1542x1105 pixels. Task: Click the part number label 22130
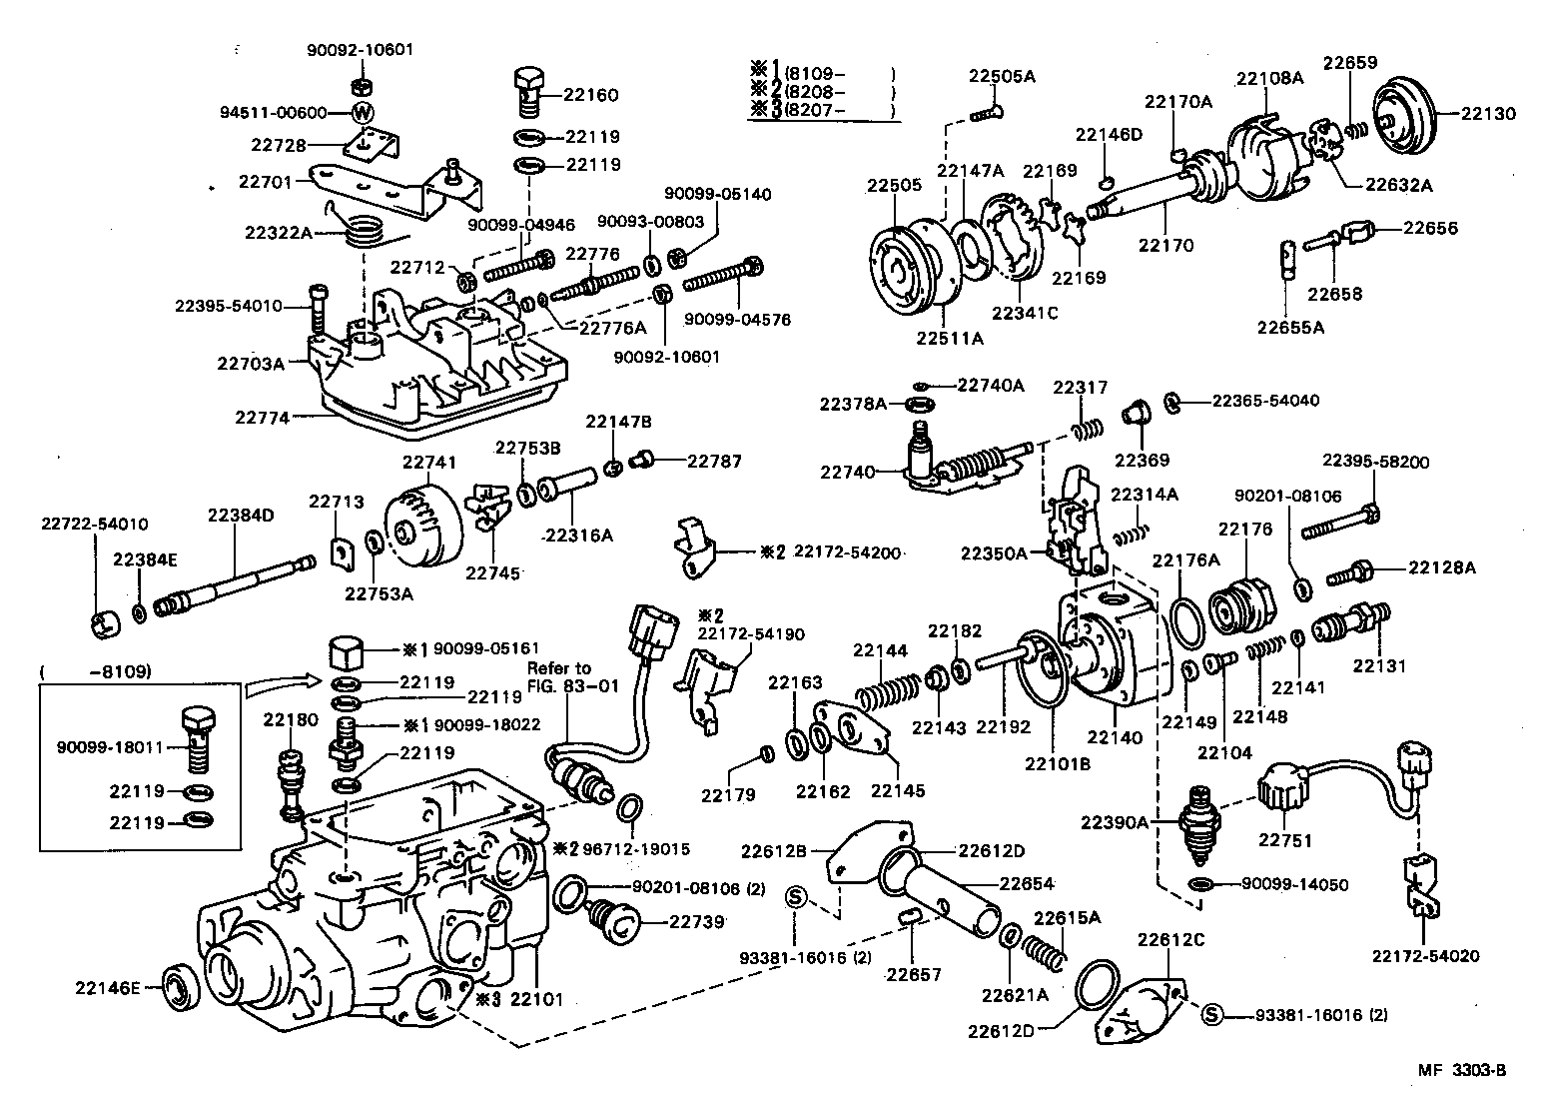point(1489,114)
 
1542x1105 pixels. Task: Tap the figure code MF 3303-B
point(1461,1070)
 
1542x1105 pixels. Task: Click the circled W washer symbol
point(362,112)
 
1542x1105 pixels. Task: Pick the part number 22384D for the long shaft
point(241,516)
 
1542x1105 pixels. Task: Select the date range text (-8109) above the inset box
point(95,672)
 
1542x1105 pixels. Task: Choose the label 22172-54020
point(1425,956)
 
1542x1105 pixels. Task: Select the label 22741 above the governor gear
point(429,463)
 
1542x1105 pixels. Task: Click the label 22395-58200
point(1375,462)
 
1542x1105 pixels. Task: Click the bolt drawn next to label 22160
point(528,90)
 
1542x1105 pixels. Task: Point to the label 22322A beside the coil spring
point(279,233)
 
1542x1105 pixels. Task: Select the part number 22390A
point(1113,822)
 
